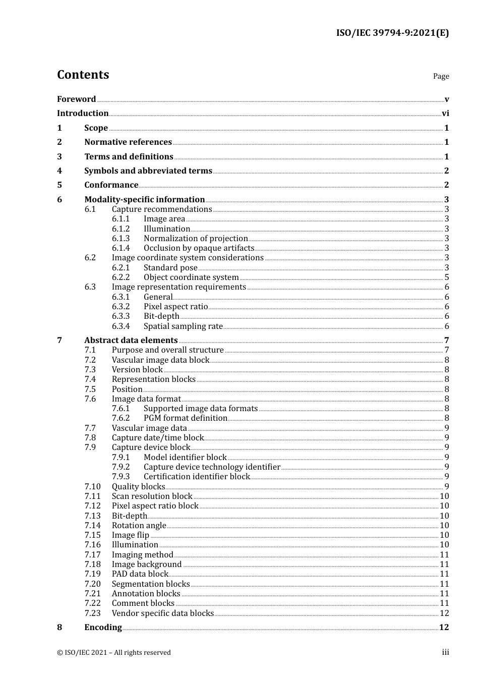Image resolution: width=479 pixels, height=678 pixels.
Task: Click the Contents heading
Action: pos(83,75)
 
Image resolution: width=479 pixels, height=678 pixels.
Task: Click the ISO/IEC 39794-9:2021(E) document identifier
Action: pos(392,33)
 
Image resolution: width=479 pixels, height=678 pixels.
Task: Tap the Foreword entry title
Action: pos(76,99)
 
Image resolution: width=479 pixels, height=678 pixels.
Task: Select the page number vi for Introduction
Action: pos(445,114)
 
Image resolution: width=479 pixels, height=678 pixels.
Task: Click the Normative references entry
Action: pos(128,142)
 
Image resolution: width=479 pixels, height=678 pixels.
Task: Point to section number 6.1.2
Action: pos(121,229)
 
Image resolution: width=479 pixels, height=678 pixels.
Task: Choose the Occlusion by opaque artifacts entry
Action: pos(199,248)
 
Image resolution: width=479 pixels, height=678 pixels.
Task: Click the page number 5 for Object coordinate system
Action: pos(447,277)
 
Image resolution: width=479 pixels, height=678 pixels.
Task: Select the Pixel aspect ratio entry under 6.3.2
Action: pos(175,307)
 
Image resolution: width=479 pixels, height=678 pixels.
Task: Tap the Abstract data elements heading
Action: pos(131,341)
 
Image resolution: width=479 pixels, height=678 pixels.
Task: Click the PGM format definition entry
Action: pos(185,418)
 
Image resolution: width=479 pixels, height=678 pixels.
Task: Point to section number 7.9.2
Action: pos(121,467)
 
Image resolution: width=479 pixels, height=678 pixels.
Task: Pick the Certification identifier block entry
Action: pos(197,477)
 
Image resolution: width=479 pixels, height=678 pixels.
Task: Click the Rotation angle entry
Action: pos(139,526)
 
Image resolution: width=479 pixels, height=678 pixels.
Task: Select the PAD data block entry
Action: pos(140,574)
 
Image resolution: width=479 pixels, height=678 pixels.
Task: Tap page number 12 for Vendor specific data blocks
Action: pos(444,613)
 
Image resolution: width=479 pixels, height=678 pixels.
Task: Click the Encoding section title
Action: pos(103,628)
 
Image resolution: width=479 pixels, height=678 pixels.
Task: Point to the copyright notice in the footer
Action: pos(114,653)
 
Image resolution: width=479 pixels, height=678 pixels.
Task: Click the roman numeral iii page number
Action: pos(446,652)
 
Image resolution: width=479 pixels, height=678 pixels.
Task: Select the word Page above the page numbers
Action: pos(441,76)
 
